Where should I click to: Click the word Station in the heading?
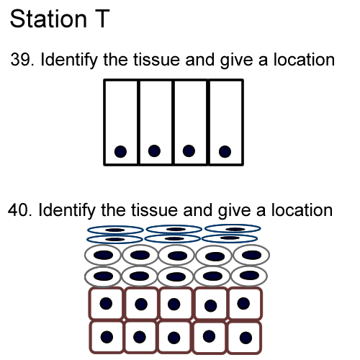click(48, 19)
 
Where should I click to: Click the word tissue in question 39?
click(156, 60)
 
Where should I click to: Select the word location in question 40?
click(302, 210)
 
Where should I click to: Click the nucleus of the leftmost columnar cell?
click(120, 152)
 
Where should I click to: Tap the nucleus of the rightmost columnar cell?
click(225, 152)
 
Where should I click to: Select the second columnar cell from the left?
click(156, 122)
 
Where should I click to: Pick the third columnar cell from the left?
click(190, 122)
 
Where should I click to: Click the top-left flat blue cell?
click(115, 230)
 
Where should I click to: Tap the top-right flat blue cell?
click(233, 229)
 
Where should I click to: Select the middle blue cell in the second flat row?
click(173, 238)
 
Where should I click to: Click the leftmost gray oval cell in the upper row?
click(103, 255)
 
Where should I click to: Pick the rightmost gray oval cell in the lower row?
click(249, 276)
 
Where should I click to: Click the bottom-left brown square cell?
click(107, 337)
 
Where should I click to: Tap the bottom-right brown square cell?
click(244, 338)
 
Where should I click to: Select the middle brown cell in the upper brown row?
click(176, 304)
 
